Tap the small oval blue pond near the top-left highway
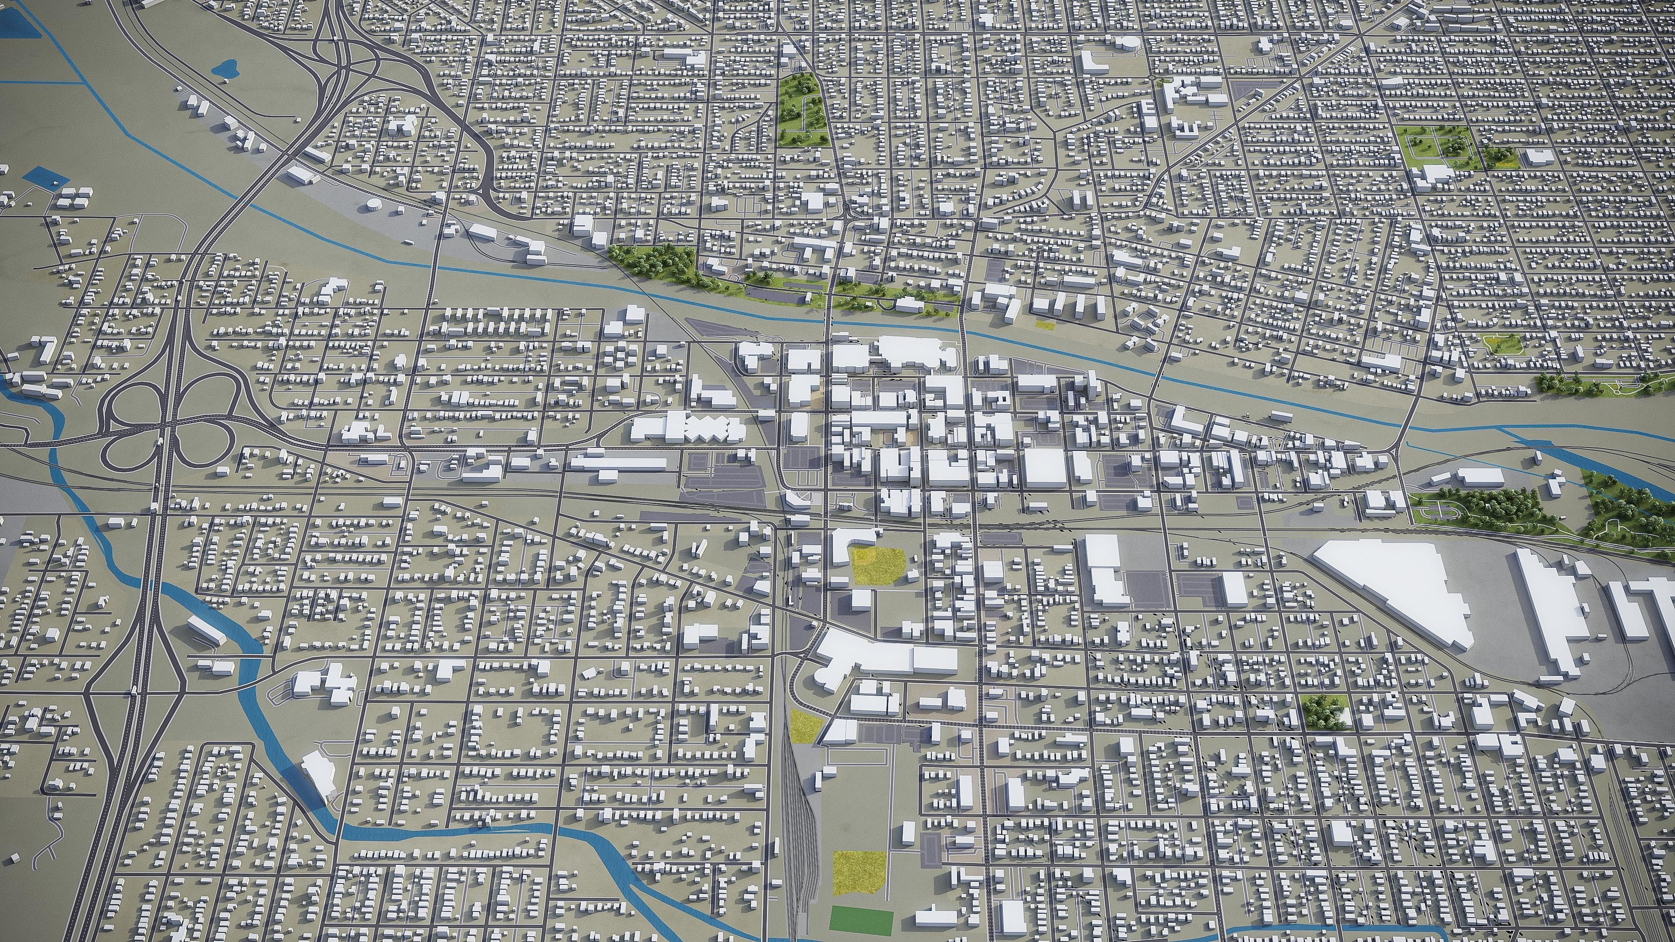coord(227,67)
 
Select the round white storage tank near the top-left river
coord(374,207)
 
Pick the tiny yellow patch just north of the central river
coord(1043,323)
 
